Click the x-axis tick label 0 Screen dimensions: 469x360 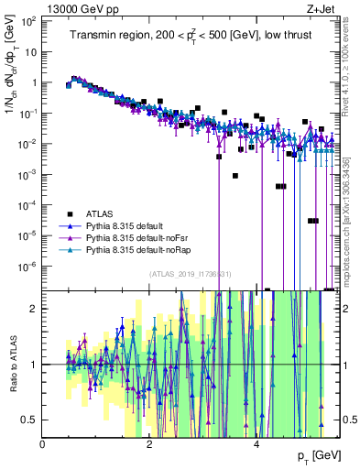coord(43,444)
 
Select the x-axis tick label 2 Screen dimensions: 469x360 coord(150,444)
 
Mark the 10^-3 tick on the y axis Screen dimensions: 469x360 coord(29,174)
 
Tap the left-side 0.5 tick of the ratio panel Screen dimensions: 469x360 coord(29,420)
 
